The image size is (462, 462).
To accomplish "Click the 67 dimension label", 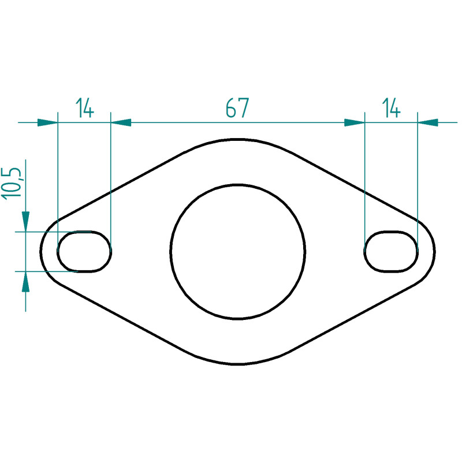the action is pos(237,108).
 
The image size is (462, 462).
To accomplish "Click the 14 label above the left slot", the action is pos(85,108).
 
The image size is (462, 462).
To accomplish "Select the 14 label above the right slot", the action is pos(392,108).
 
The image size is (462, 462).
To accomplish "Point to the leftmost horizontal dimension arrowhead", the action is pos(48,122).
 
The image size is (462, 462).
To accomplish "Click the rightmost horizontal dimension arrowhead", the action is pos(428,122).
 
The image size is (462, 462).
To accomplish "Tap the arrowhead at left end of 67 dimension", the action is pos(121,122).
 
